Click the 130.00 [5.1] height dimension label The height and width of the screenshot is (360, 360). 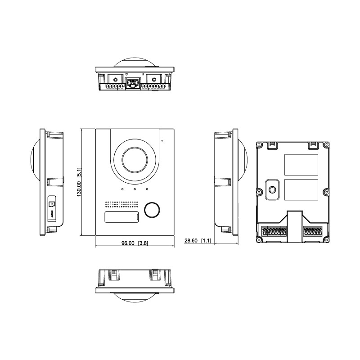coord(79,182)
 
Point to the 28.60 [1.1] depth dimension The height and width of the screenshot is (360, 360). coord(198,241)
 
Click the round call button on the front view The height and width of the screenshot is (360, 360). coord(152,209)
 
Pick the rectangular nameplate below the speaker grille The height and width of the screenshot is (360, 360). coord(121,218)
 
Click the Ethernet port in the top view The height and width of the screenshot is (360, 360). coord(132,84)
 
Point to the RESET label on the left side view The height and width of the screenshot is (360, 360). coord(51,214)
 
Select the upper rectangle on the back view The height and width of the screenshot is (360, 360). coord(301,165)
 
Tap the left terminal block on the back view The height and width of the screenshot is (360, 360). coord(274,232)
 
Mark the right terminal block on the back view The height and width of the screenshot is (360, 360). coord(314,232)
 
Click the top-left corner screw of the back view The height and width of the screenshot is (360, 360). coord(259,145)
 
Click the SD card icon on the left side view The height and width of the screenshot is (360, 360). coord(51,204)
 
